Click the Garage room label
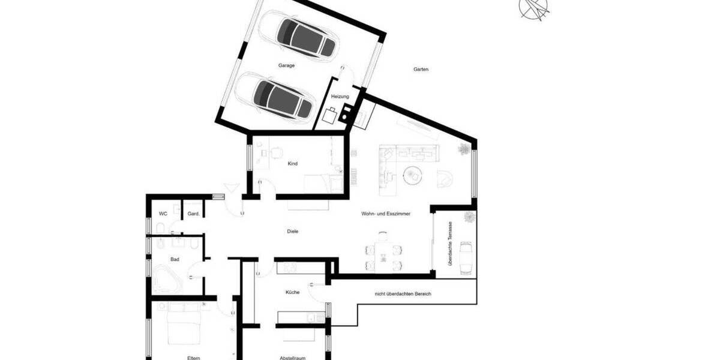click(286, 65)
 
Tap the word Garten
click(421, 70)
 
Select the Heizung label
click(340, 97)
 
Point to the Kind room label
click(293, 163)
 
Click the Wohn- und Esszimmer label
click(385, 214)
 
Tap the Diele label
click(293, 231)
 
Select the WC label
click(163, 214)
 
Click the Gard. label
click(193, 214)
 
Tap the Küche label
click(293, 292)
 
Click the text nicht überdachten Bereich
click(403, 294)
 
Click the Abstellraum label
click(293, 358)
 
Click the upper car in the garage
click(304, 37)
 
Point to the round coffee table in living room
click(412, 175)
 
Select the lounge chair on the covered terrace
click(466, 256)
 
